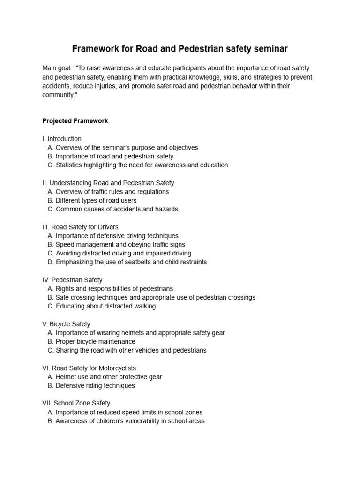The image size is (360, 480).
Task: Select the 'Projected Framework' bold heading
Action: (75, 121)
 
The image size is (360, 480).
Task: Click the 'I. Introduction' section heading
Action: (62, 139)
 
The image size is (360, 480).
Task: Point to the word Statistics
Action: (70, 165)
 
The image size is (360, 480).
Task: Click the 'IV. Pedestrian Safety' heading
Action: (72, 280)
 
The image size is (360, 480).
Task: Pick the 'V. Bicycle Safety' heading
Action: (66, 324)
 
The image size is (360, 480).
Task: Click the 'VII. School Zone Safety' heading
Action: (76, 403)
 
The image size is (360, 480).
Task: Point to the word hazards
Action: (166, 209)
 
